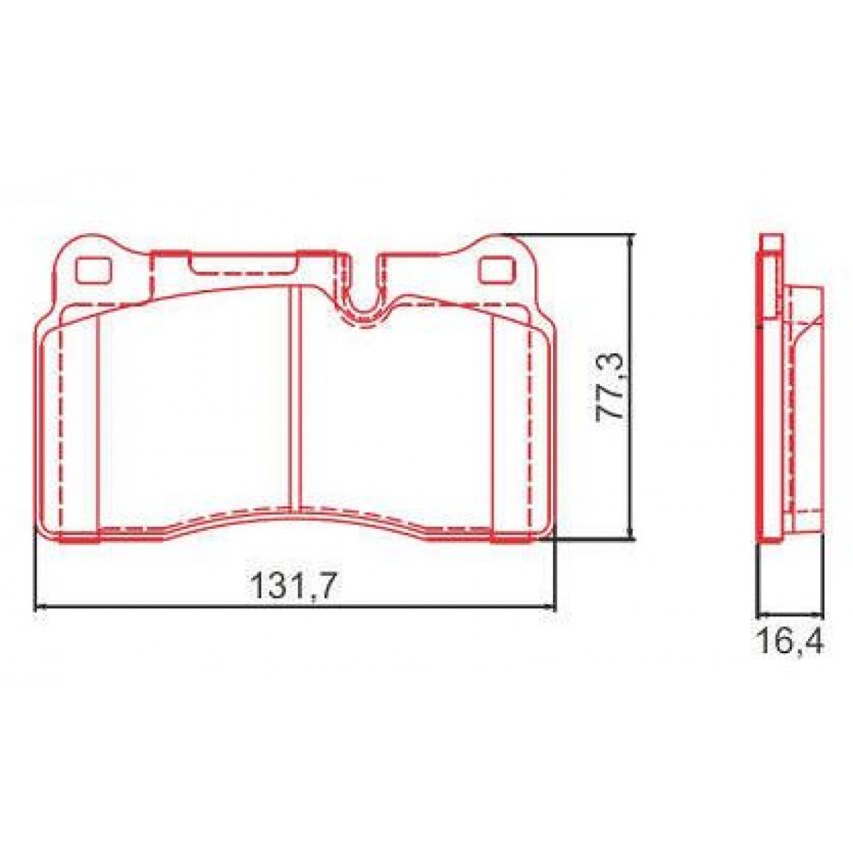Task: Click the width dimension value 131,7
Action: tap(292, 586)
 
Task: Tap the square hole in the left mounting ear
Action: tap(92, 269)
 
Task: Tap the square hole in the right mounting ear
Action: tap(495, 270)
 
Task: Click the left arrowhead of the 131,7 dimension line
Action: tap(40, 607)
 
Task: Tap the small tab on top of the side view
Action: tap(770, 243)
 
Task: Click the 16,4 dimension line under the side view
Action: tap(790, 613)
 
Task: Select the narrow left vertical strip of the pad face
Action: tap(77, 426)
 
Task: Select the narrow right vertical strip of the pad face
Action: tap(512, 426)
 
